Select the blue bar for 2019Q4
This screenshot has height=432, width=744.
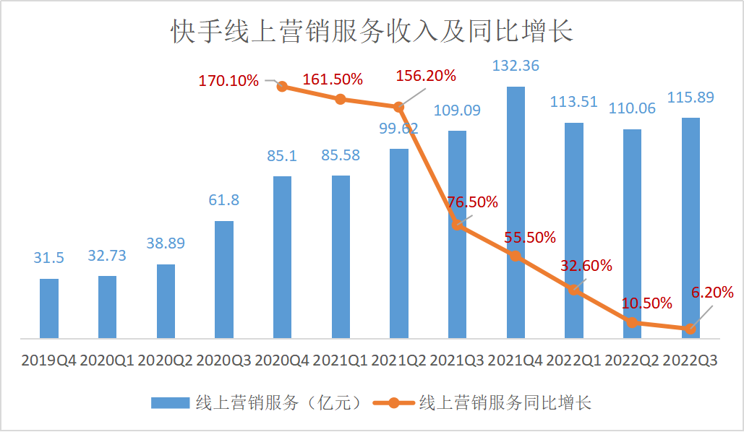(49, 308)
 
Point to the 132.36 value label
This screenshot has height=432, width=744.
(516, 66)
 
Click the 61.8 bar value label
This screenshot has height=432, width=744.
(224, 200)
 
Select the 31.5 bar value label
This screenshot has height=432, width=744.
(49, 258)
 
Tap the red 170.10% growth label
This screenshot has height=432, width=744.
(228, 80)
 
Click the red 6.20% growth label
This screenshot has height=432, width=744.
(713, 293)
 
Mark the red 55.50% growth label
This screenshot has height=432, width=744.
(531, 237)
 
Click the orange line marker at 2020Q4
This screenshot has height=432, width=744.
(283, 87)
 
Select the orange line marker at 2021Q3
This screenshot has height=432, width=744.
(458, 225)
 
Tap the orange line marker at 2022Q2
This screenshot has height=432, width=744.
(633, 322)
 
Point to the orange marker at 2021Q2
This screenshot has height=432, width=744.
(399, 107)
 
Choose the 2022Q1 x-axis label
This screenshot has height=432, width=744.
(574, 360)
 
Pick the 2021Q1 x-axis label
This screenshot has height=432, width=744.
(341, 360)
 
